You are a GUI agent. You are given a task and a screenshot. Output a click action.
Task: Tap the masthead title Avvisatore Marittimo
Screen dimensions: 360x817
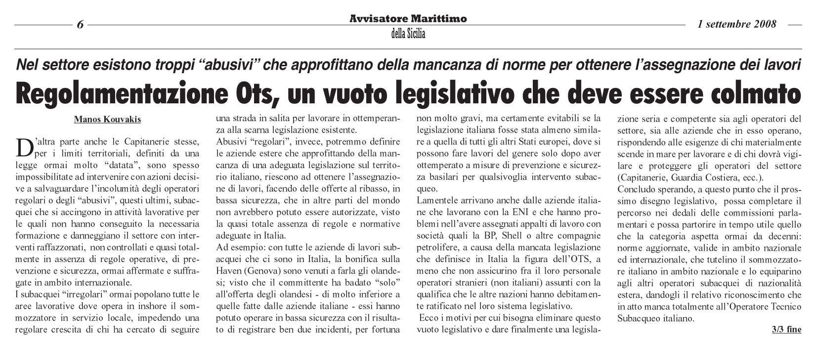click(x=408, y=19)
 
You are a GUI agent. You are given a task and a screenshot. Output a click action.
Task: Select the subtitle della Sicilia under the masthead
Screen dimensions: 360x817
click(x=408, y=34)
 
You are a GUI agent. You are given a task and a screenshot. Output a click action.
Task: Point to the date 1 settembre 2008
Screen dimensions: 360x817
click(x=737, y=24)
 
